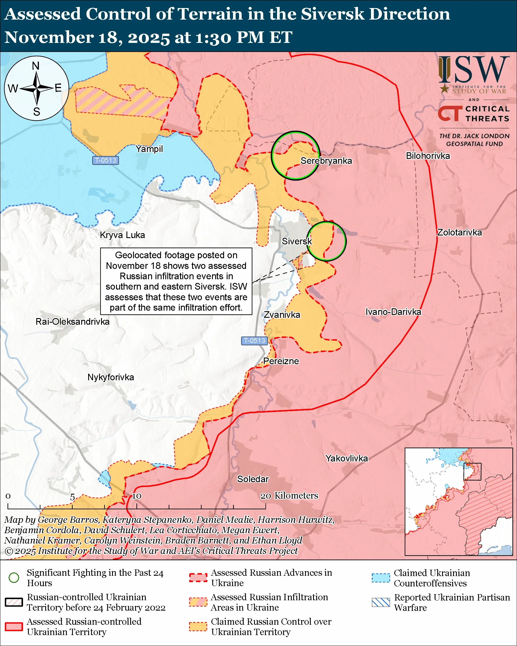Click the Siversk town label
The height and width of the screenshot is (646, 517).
[x=296, y=241]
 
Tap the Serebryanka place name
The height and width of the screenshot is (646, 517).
[x=326, y=161]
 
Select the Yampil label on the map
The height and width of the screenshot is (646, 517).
[x=149, y=149]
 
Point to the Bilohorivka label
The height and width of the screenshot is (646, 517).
[x=428, y=156]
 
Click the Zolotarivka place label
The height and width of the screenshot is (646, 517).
[x=459, y=233]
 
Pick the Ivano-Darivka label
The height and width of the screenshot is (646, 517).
[x=393, y=312]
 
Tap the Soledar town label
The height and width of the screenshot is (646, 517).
[x=253, y=479]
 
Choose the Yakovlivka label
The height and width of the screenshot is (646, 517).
[x=346, y=458]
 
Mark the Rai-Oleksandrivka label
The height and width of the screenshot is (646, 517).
[x=73, y=322]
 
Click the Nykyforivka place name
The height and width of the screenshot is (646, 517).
[x=111, y=377]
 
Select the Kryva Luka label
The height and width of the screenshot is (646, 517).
[x=122, y=235]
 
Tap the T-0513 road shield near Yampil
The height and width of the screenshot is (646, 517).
[x=105, y=160]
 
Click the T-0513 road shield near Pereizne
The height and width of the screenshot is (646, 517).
[x=254, y=341]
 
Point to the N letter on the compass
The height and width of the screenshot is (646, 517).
[x=36, y=66]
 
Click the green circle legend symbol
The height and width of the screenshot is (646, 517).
[x=14, y=578]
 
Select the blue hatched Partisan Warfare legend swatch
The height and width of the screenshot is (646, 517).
[x=381, y=602]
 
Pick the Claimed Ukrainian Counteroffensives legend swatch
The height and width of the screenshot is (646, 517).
[x=381, y=578]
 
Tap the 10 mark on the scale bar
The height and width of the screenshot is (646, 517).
[x=137, y=496]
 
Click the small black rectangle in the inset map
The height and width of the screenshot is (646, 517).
[x=472, y=472]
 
